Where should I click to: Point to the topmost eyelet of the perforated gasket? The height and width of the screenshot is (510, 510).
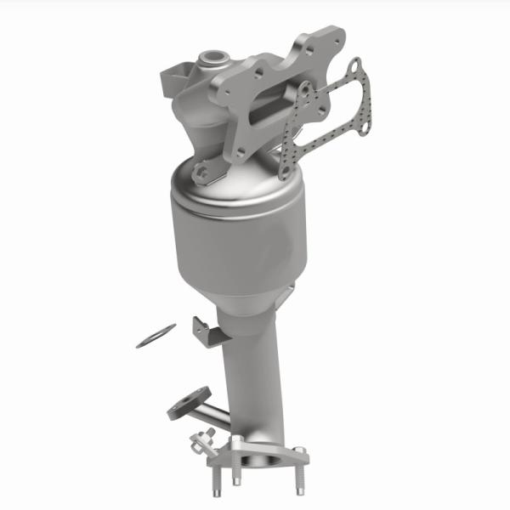point(354,63)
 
